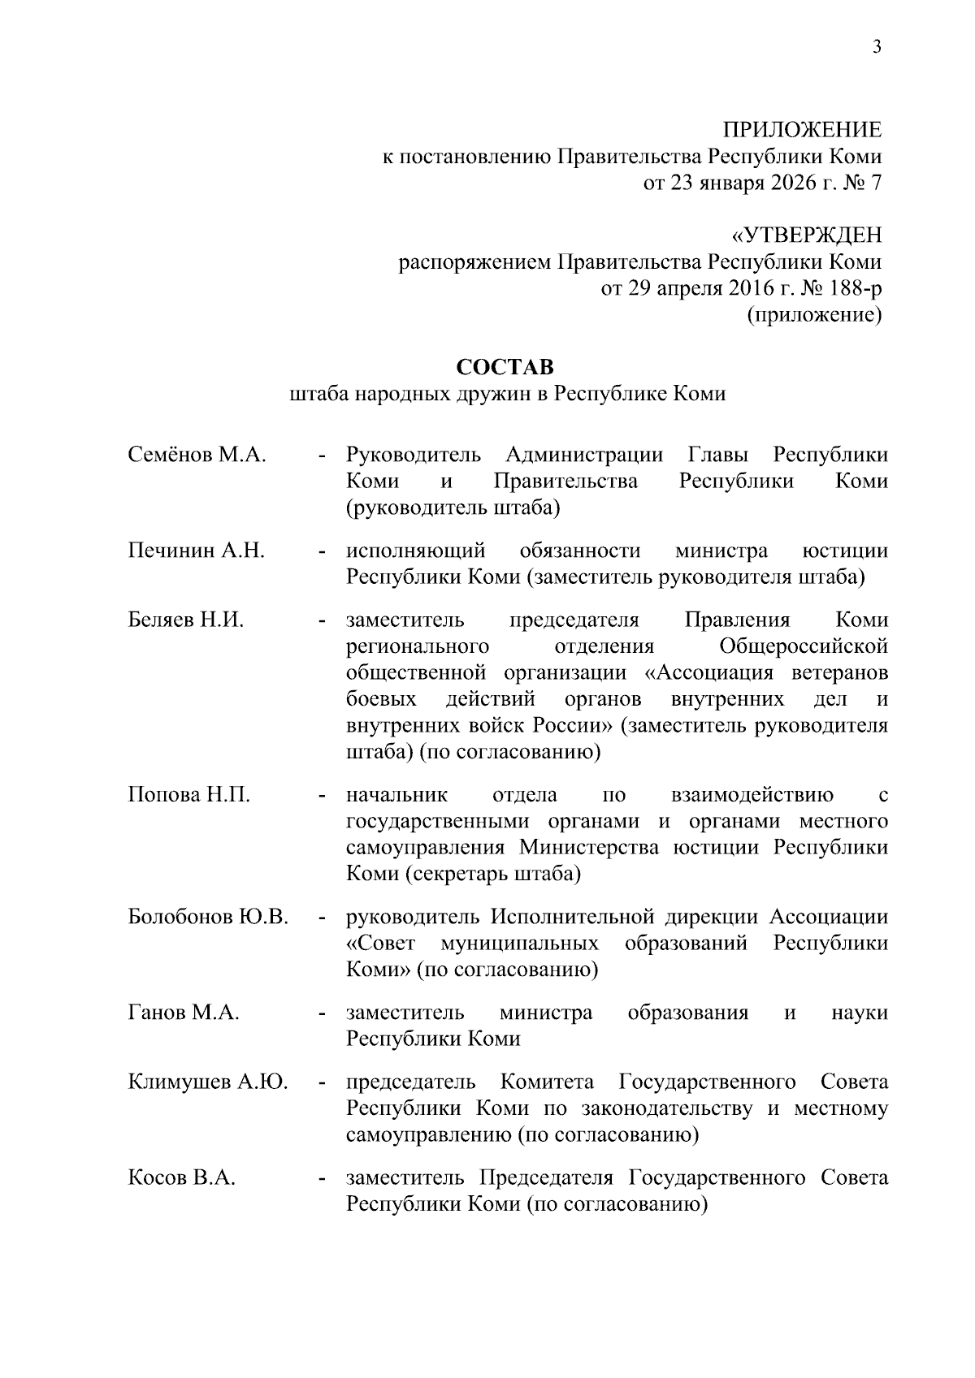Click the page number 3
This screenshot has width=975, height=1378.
pyautogui.click(x=876, y=46)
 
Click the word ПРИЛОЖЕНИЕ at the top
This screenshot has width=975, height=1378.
pyautogui.click(x=802, y=130)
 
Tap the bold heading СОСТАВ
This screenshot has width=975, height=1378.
pyautogui.click(x=505, y=367)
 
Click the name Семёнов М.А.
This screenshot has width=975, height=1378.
pyautogui.click(x=197, y=455)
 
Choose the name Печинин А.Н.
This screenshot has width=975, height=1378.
pyautogui.click(x=197, y=551)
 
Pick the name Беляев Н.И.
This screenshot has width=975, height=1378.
pyautogui.click(x=186, y=620)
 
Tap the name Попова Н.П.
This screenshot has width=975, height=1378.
pyautogui.click(x=189, y=794)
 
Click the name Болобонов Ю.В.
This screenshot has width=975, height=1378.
pyautogui.click(x=209, y=917)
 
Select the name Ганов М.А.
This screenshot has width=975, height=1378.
pyautogui.click(x=184, y=1013)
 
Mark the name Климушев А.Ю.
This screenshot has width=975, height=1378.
pyautogui.click(x=208, y=1082)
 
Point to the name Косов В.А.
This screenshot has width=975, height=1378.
pyautogui.click(x=182, y=1177)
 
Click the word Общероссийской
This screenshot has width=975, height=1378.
pyautogui.click(x=804, y=646)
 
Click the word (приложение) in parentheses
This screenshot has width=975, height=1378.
pyautogui.click(x=814, y=315)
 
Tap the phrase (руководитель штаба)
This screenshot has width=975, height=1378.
pyautogui.click(x=453, y=508)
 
